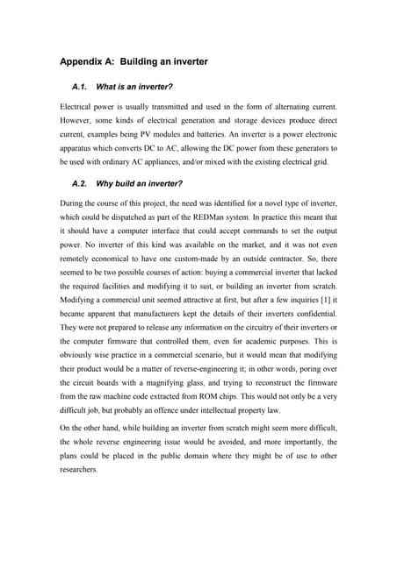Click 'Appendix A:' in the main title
(87, 62)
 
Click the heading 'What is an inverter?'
(134, 88)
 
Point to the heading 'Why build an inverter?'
(139, 183)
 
